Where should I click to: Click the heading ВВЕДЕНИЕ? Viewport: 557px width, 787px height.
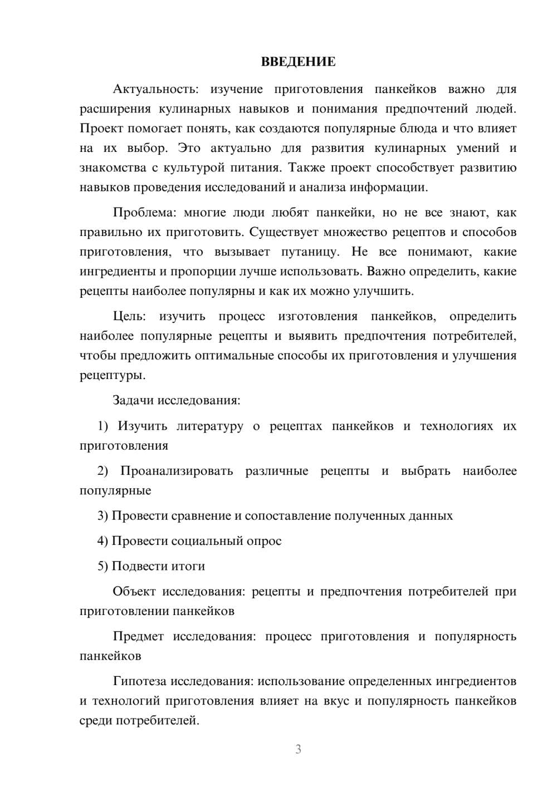pos(298,62)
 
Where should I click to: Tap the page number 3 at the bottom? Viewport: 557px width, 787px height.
pos(298,749)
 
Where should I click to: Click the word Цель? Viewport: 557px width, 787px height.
pos(129,316)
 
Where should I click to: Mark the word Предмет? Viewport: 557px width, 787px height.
pos(138,636)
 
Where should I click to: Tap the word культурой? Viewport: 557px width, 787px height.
pos(191,168)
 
